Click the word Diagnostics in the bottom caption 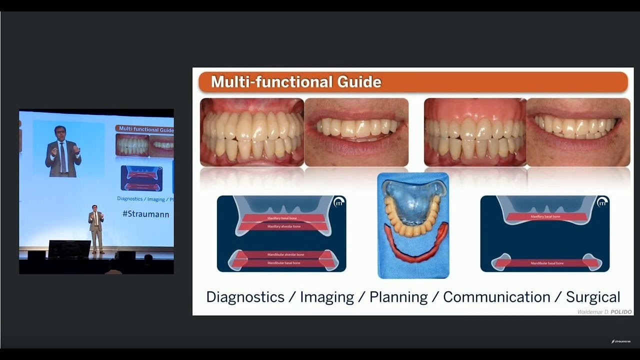coord(245,297)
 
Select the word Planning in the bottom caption coord(398,297)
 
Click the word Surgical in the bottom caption coord(593,297)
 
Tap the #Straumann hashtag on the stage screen coord(145,214)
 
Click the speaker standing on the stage coord(96,228)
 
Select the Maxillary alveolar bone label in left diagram coord(284,226)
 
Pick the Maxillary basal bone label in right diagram coord(545,217)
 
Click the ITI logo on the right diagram coord(602,202)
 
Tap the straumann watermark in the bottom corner coord(621,341)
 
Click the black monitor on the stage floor coord(69,248)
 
